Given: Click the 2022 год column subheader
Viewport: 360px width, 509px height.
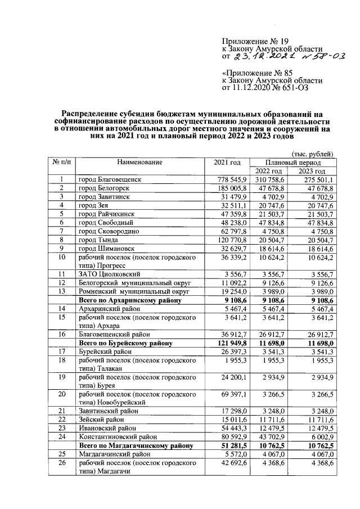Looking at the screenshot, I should (x=268, y=171).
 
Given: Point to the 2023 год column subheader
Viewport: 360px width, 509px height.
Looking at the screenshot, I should (x=312, y=171).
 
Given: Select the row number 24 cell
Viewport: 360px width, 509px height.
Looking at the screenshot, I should (x=62, y=436).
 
